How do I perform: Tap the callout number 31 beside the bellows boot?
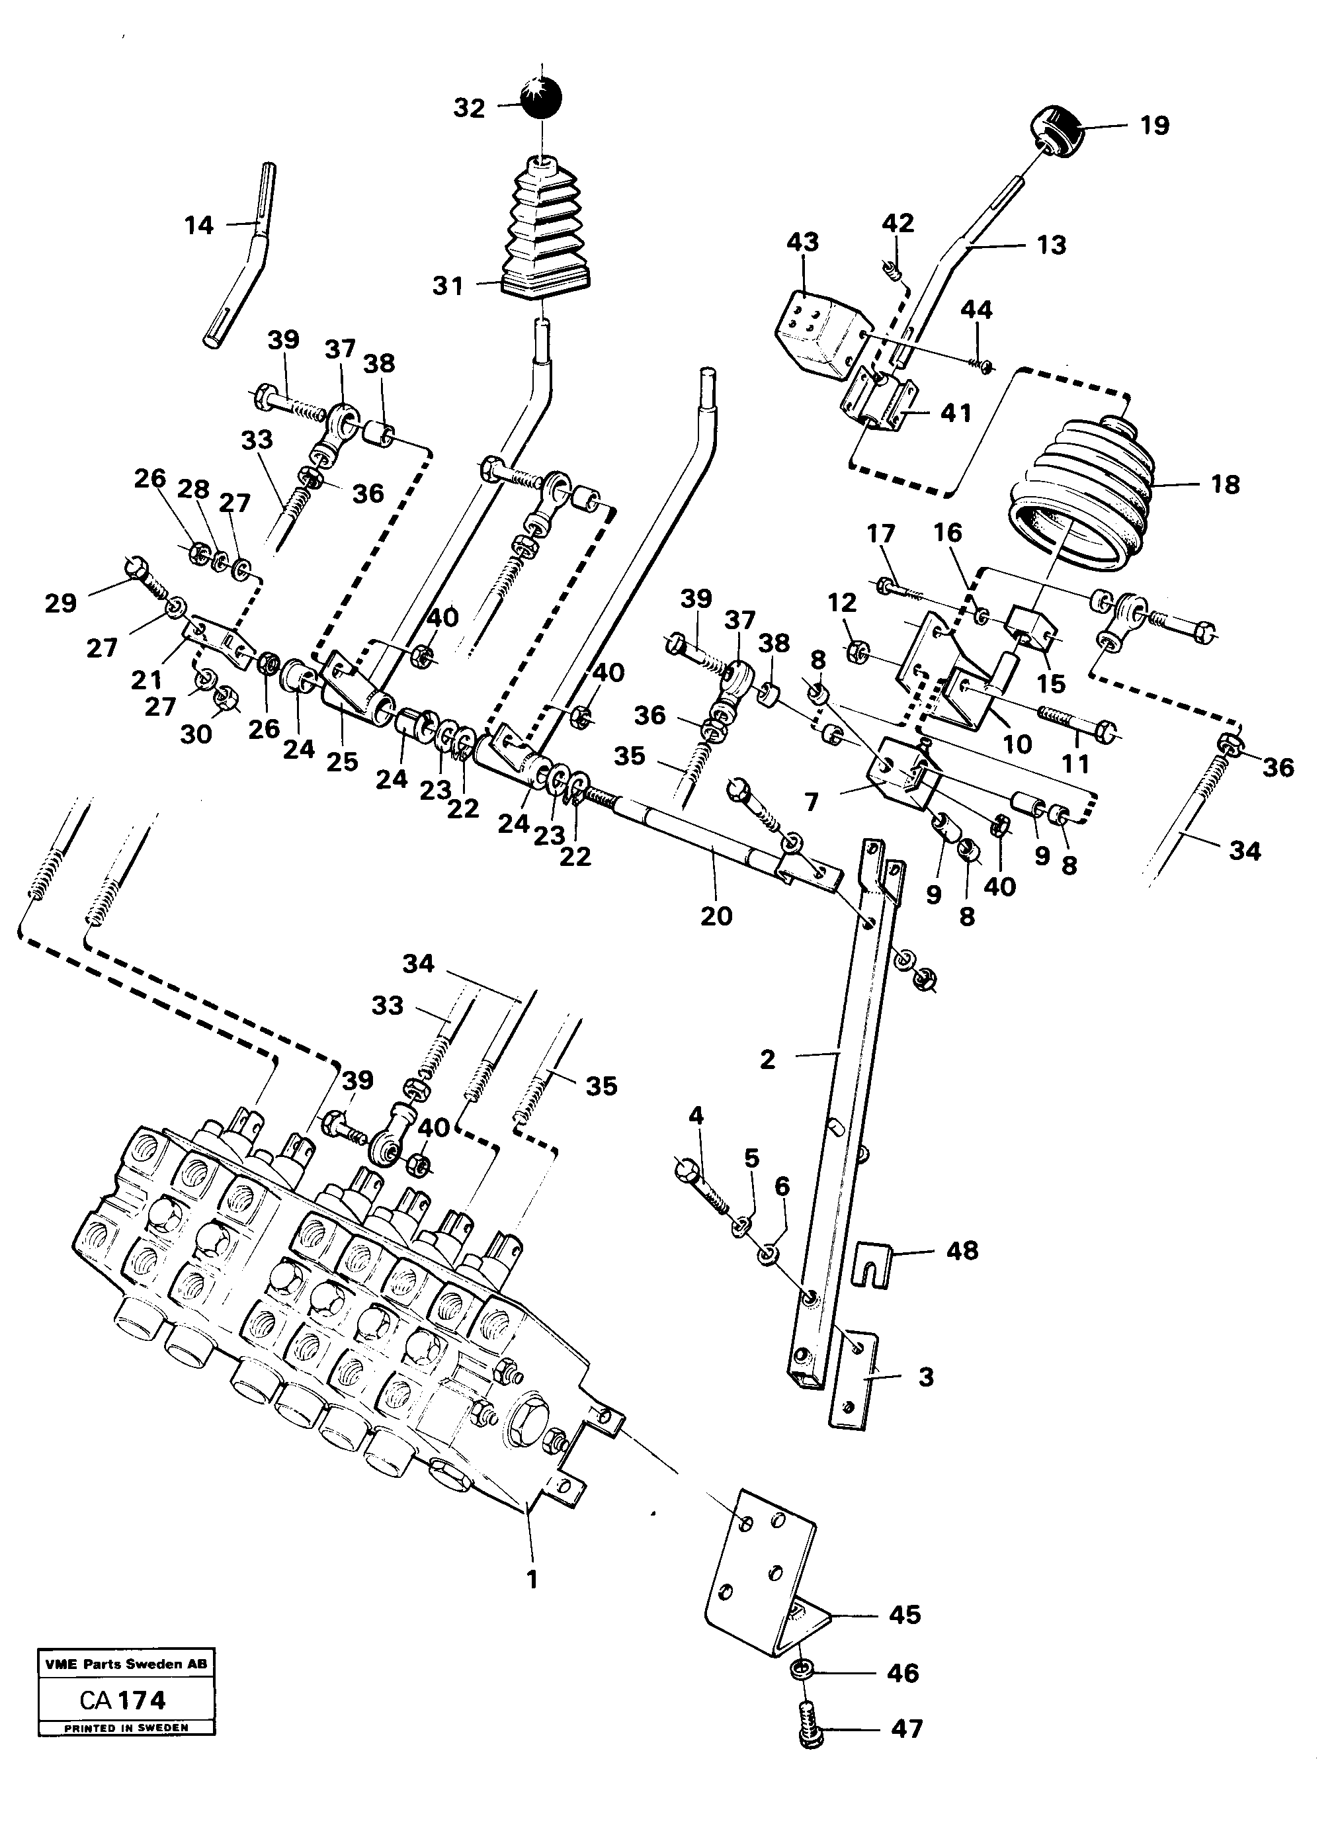(x=447, y=286)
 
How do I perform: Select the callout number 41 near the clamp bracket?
(x=956, y=413)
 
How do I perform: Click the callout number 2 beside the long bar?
(x=768, y=1060)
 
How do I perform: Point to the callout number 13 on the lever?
(x=1051, y=245)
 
